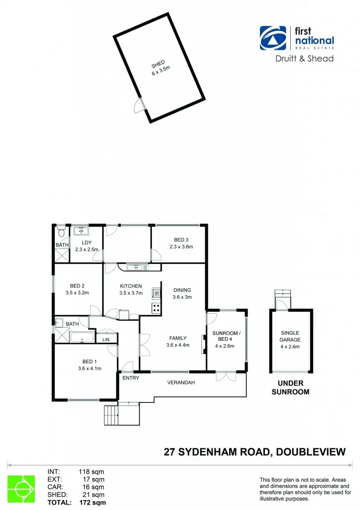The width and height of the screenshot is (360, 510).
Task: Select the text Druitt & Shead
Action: (304, 59)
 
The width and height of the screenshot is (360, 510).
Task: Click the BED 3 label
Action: (181, 240)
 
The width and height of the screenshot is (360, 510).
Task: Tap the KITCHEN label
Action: (131, 286)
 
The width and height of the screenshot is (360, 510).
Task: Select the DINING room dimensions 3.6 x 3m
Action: (182, 297)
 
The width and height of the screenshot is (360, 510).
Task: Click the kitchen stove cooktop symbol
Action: (156, 308)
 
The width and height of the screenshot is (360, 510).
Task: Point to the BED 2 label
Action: (77, 286)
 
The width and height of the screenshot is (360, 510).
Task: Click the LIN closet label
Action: (106, 340)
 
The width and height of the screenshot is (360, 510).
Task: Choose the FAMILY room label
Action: (178, 338)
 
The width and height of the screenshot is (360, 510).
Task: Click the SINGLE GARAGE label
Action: (290, 336)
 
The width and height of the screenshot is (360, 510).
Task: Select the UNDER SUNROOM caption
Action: (290, 387)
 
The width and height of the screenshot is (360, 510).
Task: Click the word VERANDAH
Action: (180, 382)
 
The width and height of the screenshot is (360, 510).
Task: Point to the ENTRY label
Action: (130, 378)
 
